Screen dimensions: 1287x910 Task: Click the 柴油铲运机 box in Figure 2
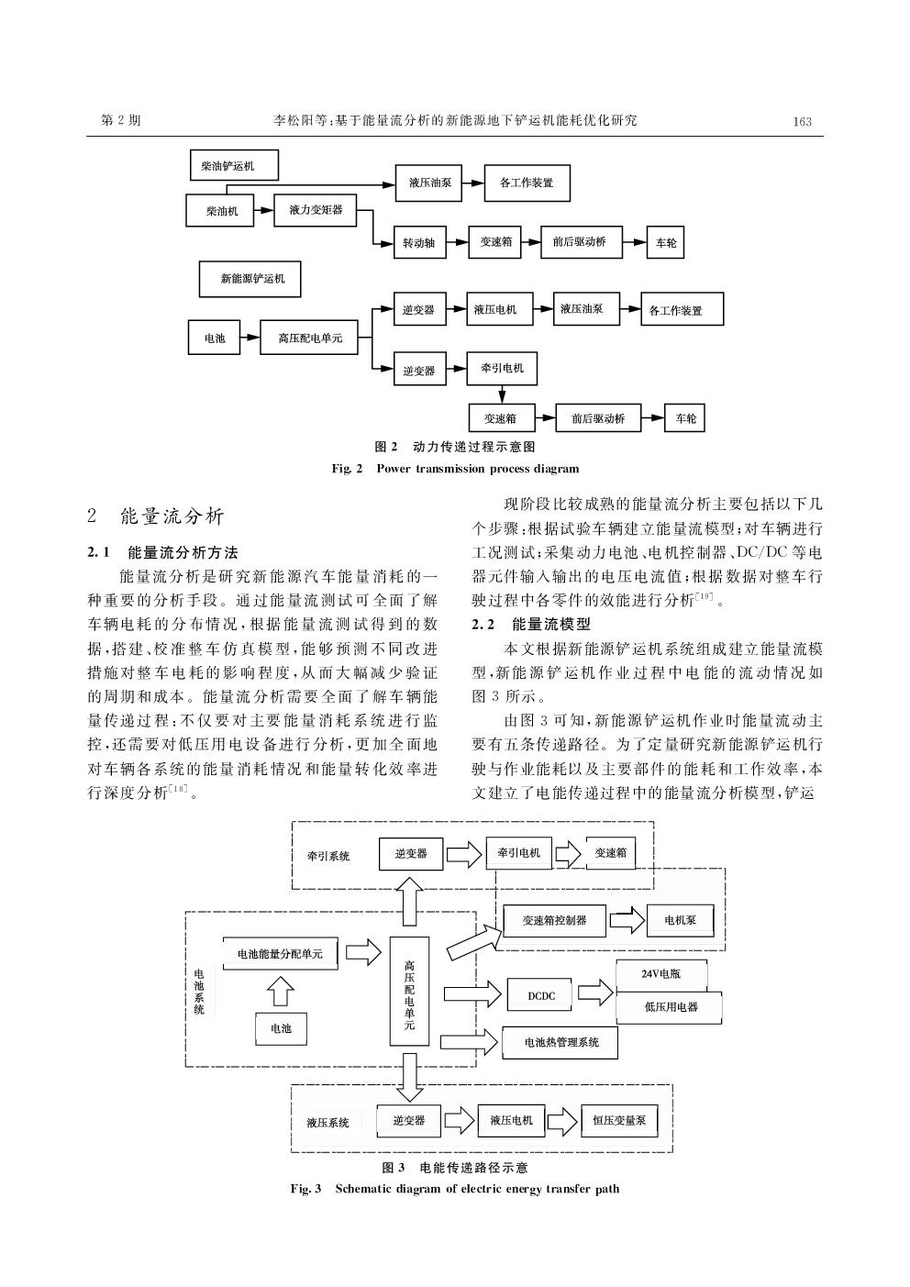pos(233,166)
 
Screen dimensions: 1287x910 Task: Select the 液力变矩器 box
pos(316,210)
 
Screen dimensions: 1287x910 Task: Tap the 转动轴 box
pos(419,244)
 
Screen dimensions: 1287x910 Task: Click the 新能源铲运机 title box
pos(250,279)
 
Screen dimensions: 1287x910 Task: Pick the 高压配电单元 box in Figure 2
pos(309,338)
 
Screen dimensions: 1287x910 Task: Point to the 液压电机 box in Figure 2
pos(494,310)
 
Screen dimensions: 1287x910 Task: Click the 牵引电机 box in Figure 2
pos(502,368)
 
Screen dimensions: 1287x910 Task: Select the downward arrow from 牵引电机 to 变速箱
pos(502,394)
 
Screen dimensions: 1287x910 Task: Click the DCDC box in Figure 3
pos(541,995)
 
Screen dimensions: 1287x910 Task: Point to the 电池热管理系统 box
pos(560,1042)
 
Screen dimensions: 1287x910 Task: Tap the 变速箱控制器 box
pos(554,920)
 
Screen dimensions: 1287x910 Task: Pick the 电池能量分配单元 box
pos(280,954)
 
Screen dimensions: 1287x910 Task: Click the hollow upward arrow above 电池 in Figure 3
pos(281,991)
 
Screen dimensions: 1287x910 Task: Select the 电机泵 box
pos(680,920)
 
